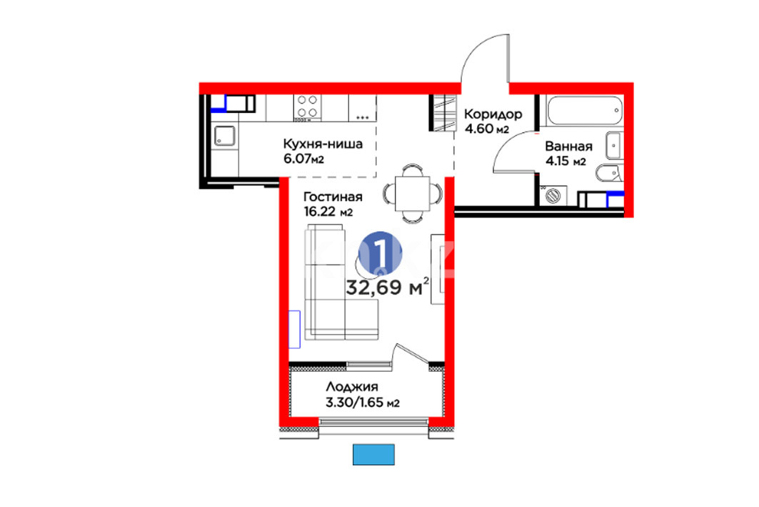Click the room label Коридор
click(x=493, y=115)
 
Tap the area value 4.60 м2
click(x=486, y=129)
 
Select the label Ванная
click(x=569, y=147)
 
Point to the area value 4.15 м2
click(x=566, y=162)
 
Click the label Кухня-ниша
click(x=323, y=144)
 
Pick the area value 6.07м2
click(x=303, y=159)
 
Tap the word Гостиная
click(x=333, y=197)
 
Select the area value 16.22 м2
click(x=328, y=212)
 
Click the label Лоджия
click(x=352, y=387)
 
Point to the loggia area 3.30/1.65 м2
click(x=363, y=403)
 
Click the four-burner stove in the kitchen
click(x=307, y=107)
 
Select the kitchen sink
click(x=225, y=136)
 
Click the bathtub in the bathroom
click(x=584, y=111)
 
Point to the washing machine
click(x=553, y=196)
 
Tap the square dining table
click(x=413, y=193)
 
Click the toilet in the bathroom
click(x=610, y=172)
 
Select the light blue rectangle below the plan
click(x=373, y=455)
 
